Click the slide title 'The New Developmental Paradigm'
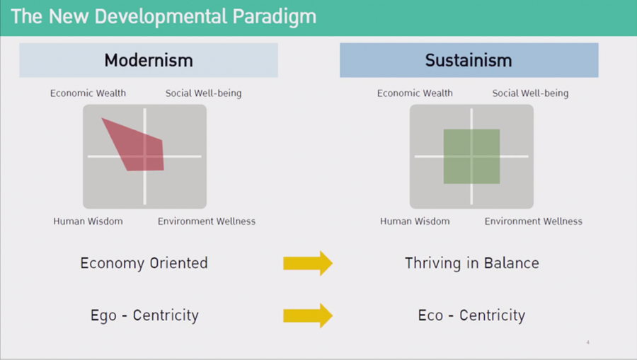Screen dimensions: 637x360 click(163, 17)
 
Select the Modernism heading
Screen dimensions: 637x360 click(149, 61)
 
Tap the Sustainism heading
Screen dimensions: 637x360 click(469, 61)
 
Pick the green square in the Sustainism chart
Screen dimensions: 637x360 click(471, 156)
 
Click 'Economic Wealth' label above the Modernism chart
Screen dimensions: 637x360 click(88, 93)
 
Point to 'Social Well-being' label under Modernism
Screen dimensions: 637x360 click(204, 93)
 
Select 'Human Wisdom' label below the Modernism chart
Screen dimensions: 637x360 click(88, 221)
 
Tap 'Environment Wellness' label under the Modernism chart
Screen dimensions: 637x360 click(207, 221)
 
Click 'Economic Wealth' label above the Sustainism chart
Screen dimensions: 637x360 click(415, 93)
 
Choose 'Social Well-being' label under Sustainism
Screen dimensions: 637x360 click(531, 93)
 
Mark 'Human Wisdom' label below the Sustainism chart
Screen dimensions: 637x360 click(415, 221)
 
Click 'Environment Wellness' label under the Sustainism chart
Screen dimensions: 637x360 click(534, 221)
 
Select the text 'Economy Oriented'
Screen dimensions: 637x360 click(144, 263)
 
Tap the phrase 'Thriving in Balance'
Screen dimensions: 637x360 click(472, 263)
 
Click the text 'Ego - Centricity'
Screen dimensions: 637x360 click(144, 315)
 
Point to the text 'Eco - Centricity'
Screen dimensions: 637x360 click(471, 315)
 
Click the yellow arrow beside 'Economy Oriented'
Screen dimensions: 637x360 click(308, 263)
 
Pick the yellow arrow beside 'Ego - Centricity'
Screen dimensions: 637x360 click(308, 315)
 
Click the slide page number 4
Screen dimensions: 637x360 click(588, 342)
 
